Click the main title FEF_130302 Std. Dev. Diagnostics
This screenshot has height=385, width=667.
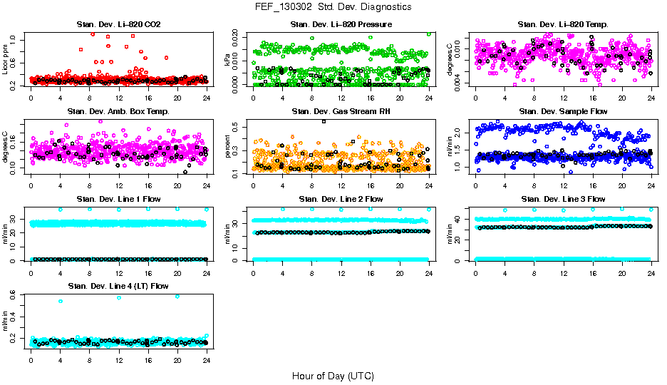333,7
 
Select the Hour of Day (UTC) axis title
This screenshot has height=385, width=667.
333,375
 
